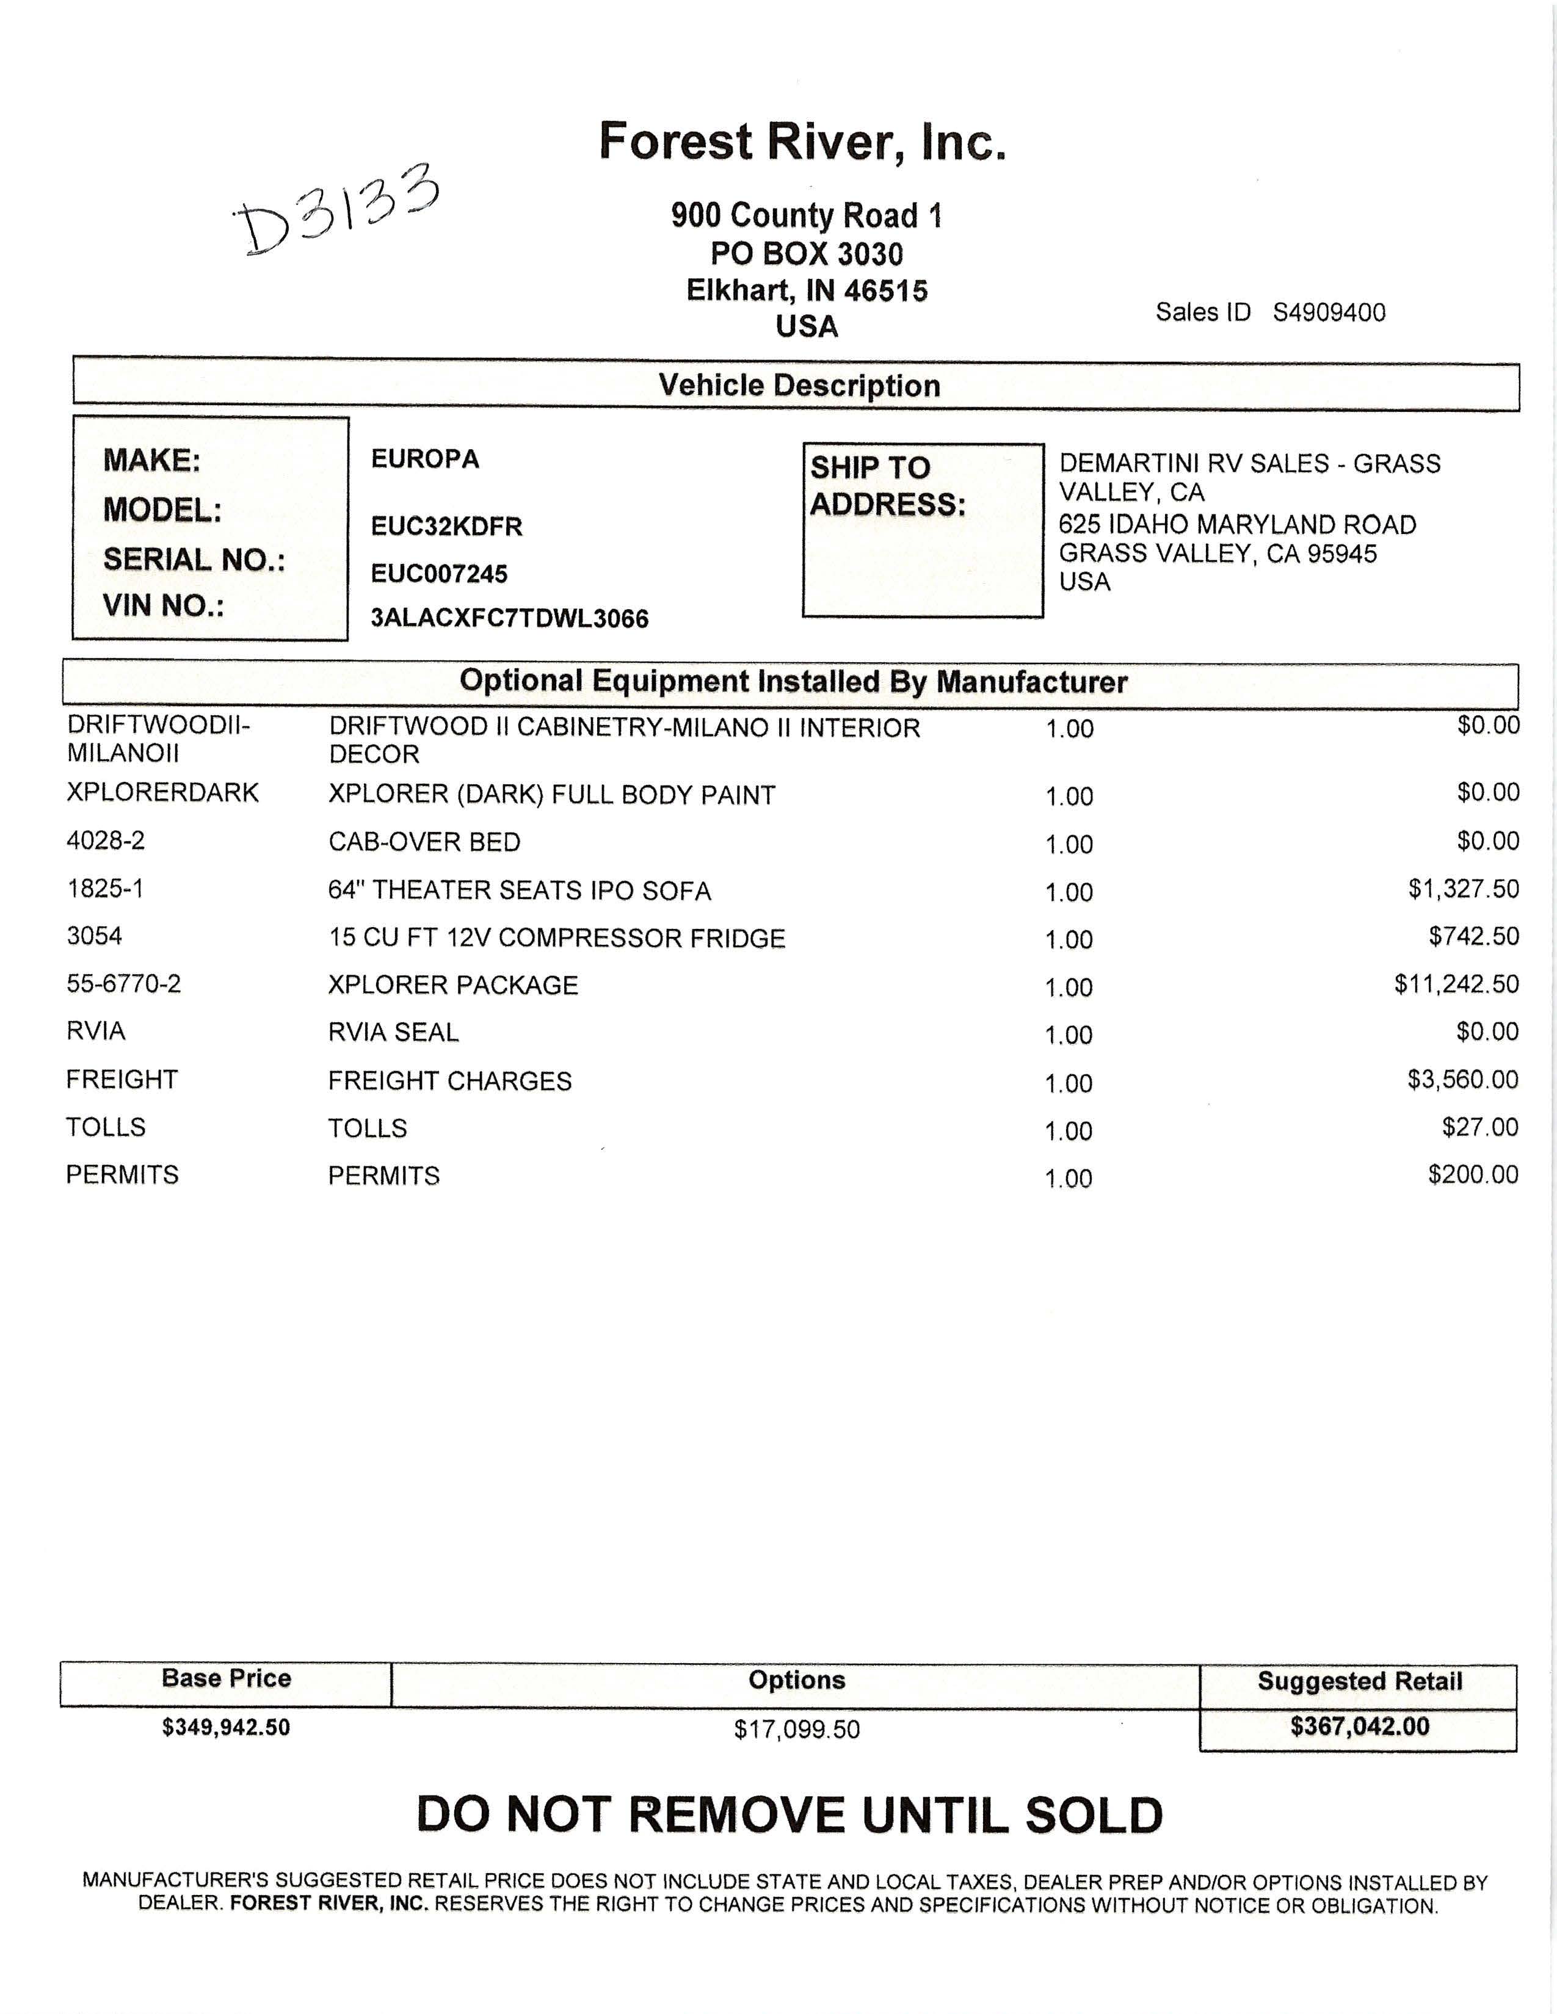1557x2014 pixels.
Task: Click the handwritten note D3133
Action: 336,211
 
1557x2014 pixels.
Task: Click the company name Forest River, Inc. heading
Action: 802,142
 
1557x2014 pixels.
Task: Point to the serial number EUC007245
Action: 439,574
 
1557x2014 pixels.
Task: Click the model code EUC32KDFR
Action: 446,527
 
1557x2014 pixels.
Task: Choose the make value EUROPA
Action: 425,459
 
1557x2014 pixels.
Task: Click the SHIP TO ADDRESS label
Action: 887,486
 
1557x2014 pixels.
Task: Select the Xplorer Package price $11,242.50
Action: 1456,984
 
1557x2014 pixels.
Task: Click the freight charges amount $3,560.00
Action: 1462,1079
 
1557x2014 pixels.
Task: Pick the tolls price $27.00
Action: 1479,1127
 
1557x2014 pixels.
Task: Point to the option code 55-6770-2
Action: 123,984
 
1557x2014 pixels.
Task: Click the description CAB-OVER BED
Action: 424,842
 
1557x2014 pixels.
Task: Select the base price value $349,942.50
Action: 226,1727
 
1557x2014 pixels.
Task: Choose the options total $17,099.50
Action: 797,1729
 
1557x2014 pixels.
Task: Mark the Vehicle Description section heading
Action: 799,386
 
